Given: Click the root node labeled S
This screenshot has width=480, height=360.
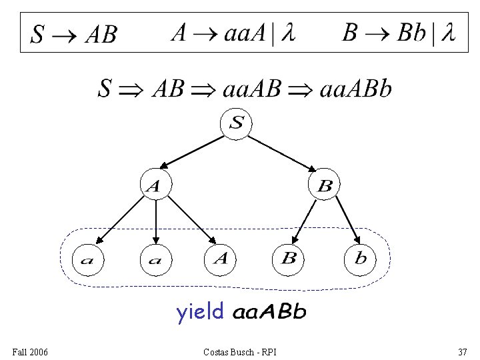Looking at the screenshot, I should coord(237,123).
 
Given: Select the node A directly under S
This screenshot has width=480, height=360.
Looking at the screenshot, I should coord(155,187).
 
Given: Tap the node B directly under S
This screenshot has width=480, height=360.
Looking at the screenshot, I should coord(325,187).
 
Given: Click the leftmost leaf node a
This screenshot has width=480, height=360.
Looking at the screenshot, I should coord(87,259).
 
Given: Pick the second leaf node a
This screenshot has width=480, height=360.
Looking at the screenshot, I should coord(155,259).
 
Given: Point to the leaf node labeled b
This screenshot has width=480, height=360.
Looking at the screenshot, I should coord(361,259).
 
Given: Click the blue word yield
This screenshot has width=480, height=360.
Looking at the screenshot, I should coord(199,312).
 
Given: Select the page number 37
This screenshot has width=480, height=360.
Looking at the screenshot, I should coord(462,351).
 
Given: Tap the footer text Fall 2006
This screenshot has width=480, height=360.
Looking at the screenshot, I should coord(30,351).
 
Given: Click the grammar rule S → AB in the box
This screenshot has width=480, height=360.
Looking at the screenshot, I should coord(74,34).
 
